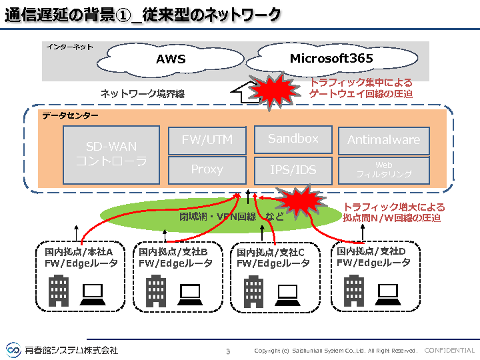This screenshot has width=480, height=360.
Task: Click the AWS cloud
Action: pyautogui.click(x=171, y=59)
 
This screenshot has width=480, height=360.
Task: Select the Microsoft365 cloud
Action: pyautogui.click(x=331, y=58)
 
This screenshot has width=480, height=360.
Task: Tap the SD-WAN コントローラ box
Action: pyautogui.click(x=111, y=154)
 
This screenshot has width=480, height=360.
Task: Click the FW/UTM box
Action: pyautogui.click(x=207, y=141)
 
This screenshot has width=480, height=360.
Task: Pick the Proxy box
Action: pyautogui.click(x=207, y=169)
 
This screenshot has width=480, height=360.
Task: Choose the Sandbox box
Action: pyautogui.click(x=293, y=139)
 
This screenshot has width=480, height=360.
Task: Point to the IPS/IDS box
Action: pyautogui.click(x=293, y=170)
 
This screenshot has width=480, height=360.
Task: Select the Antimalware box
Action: pyautogui.click(x=383, y=140)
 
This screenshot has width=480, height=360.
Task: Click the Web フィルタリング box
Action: pyautogui.click(x=383, y=170)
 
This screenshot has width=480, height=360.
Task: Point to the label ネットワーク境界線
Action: pyautogui.click(x=142, y=94)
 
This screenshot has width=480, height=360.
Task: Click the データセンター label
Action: pyautogui.click(x=70, y=116)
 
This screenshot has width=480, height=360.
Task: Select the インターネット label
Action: pyautogui.click(x=69, y=47)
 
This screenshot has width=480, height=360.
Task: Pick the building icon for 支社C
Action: pyautogui.click(x=253, y=291)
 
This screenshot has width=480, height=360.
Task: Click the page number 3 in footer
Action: pyautogui.click(x=228, y=351)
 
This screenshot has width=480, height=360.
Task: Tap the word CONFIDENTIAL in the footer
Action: pyautogui.click(x=449, y=351)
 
